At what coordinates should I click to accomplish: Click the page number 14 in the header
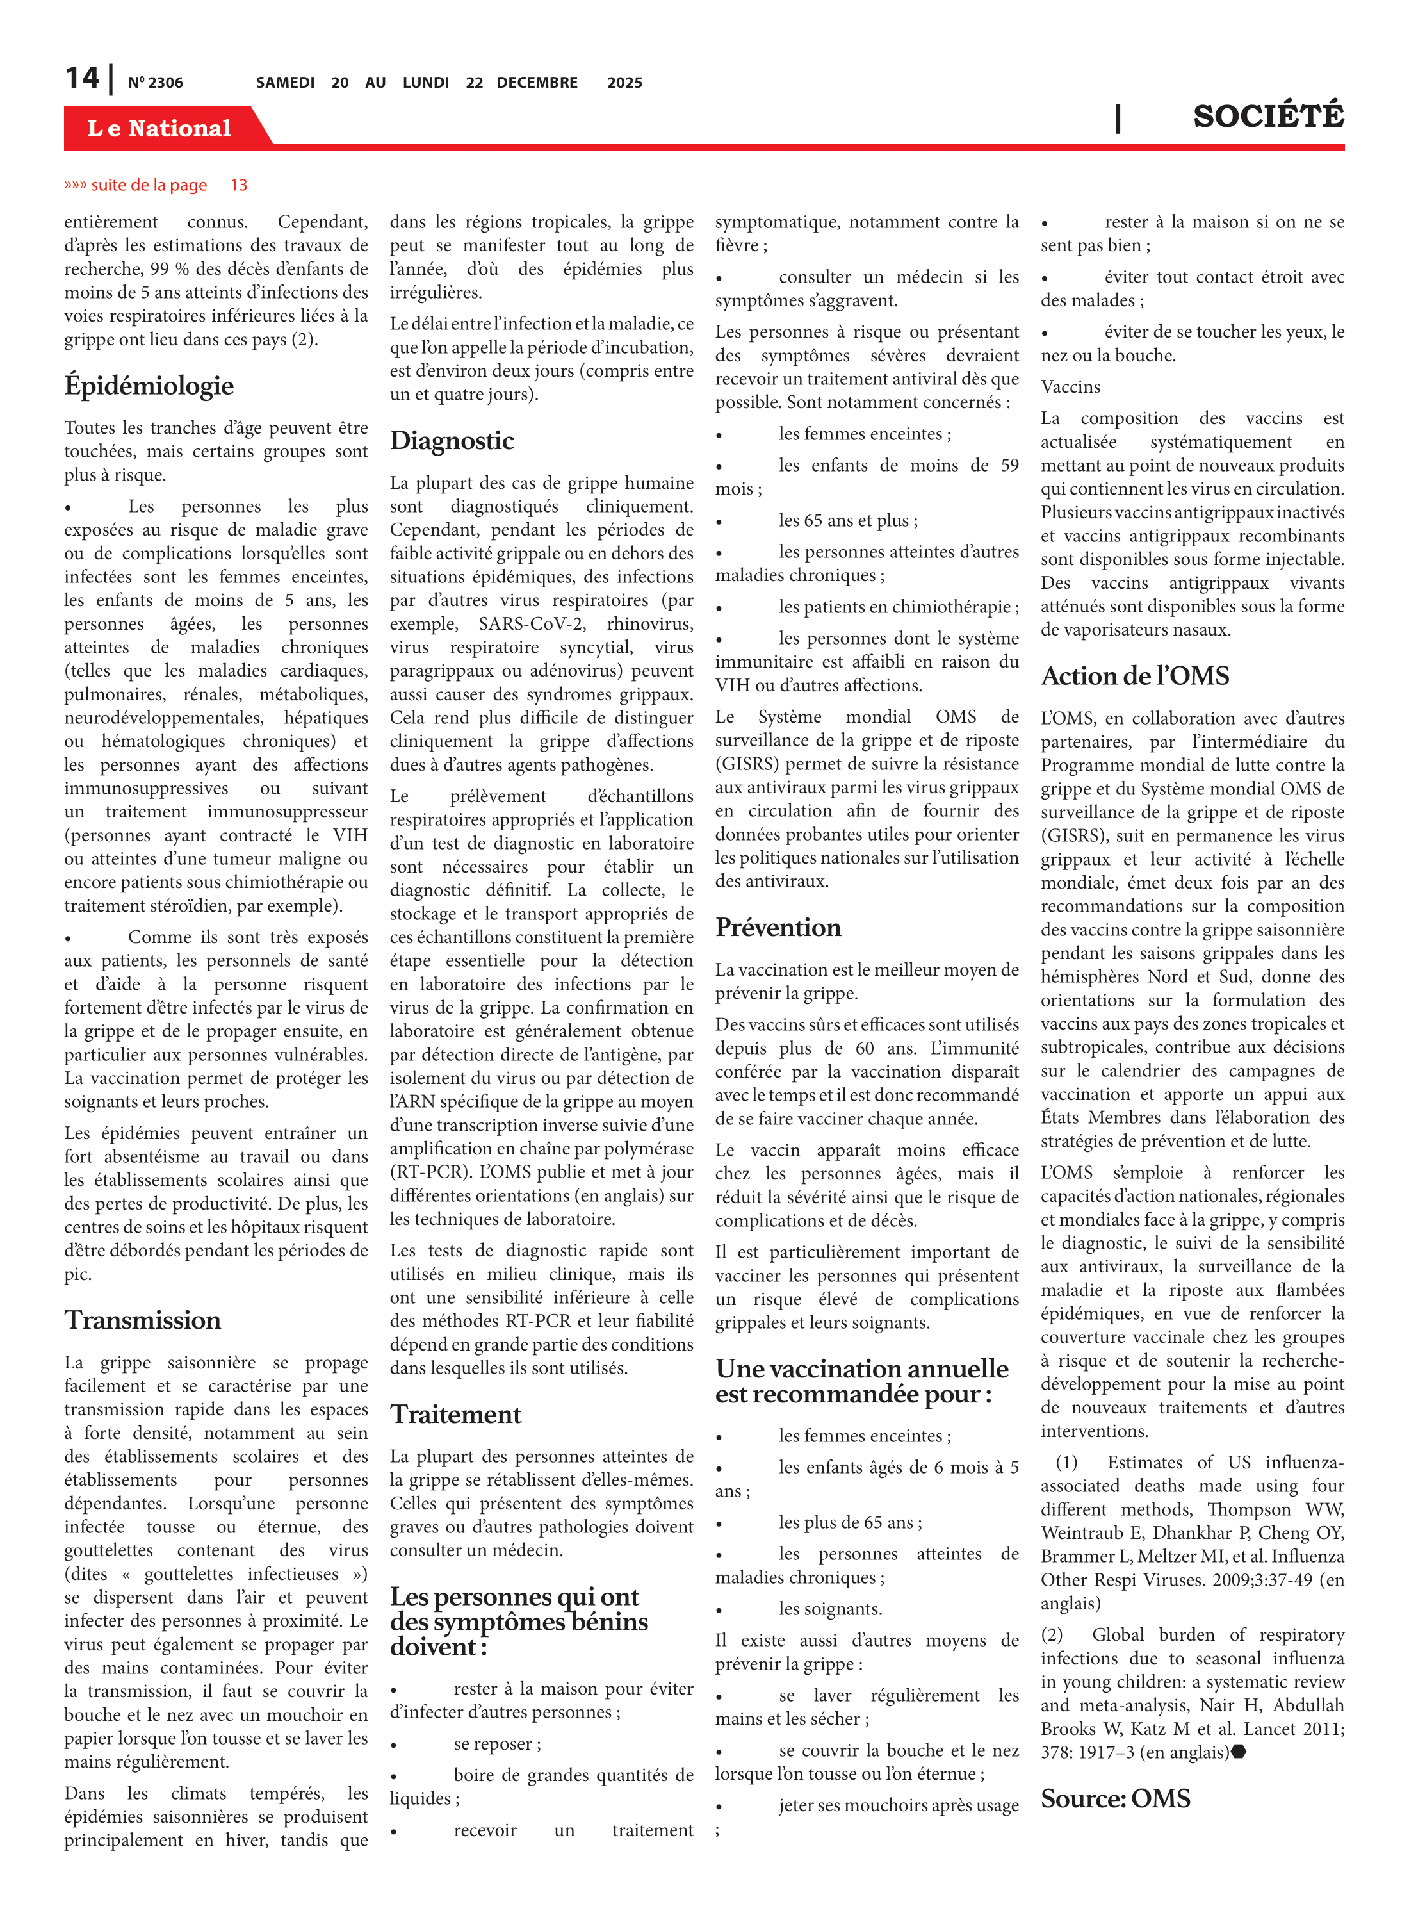click(82, 79)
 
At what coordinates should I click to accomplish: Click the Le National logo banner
click(159, 128)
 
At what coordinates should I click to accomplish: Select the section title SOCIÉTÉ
click(1267, 116)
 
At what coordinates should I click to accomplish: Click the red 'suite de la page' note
click(149, 185)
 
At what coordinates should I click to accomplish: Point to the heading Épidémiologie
click(149, 386)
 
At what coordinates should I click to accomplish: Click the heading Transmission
click(142, 1320)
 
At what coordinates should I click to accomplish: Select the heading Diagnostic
click(452, 440)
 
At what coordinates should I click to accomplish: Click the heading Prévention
click(778, 927)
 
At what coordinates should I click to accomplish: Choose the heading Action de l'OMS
click(1134, 676)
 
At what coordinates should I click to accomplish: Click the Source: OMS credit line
click(1115, 1798)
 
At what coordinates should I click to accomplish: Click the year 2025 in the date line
click(624, 83)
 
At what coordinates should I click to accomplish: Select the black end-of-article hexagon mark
click(1239, 1752)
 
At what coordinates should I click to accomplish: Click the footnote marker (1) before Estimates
click(1066, 1462)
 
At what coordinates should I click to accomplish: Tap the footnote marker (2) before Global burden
click(1052, 1634)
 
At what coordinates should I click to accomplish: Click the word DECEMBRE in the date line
click(537, 83)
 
